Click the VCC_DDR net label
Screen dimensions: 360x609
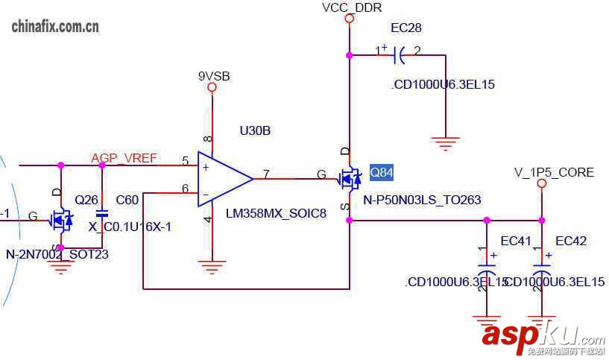coord(352,7)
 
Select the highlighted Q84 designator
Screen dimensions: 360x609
coord(381,173)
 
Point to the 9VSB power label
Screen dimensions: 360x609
coord(213,76)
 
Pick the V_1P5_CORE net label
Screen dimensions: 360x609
coord(554,172)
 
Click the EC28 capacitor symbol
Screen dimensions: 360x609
coord(399,54)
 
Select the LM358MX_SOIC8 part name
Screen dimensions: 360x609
coord(276,214)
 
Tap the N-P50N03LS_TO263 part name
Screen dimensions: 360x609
coord(422,200)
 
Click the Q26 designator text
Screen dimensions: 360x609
coord(86,200)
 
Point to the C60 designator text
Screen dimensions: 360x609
coord(127,200)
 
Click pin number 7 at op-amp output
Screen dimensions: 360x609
coord(266,174)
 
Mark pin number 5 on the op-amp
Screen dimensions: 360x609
coord(185,161)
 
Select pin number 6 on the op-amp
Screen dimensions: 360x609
coord(185,189)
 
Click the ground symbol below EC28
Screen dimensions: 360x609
coord(445,143)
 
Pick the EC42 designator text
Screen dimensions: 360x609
coord(571,241)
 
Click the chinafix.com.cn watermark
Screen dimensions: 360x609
coord(56,28)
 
